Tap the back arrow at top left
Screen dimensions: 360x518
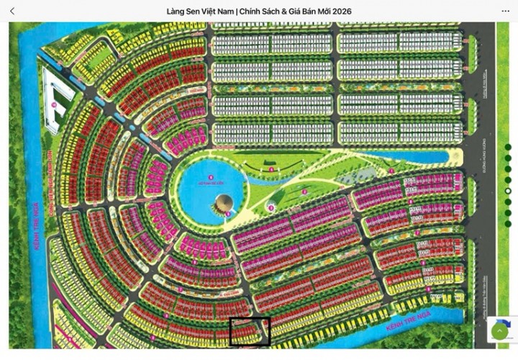pyautogui.click(x=12, y=11)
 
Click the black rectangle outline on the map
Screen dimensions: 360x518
pyautogui.click(x=250, y=331)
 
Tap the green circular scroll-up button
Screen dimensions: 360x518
pyautogui.click(x=499, y=331)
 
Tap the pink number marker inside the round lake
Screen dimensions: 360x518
pyautogui.click(x=210, y=176)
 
